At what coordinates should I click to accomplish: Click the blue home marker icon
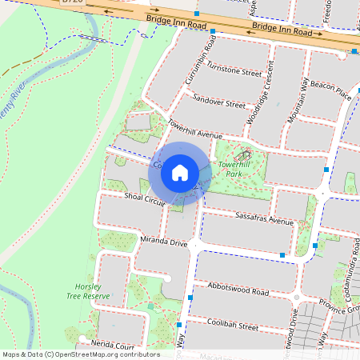coord(180,173)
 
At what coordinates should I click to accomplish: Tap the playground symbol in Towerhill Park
coord(245,155)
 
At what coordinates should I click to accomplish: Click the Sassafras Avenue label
coord(265,218)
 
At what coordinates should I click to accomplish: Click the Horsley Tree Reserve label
coord(87,290)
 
